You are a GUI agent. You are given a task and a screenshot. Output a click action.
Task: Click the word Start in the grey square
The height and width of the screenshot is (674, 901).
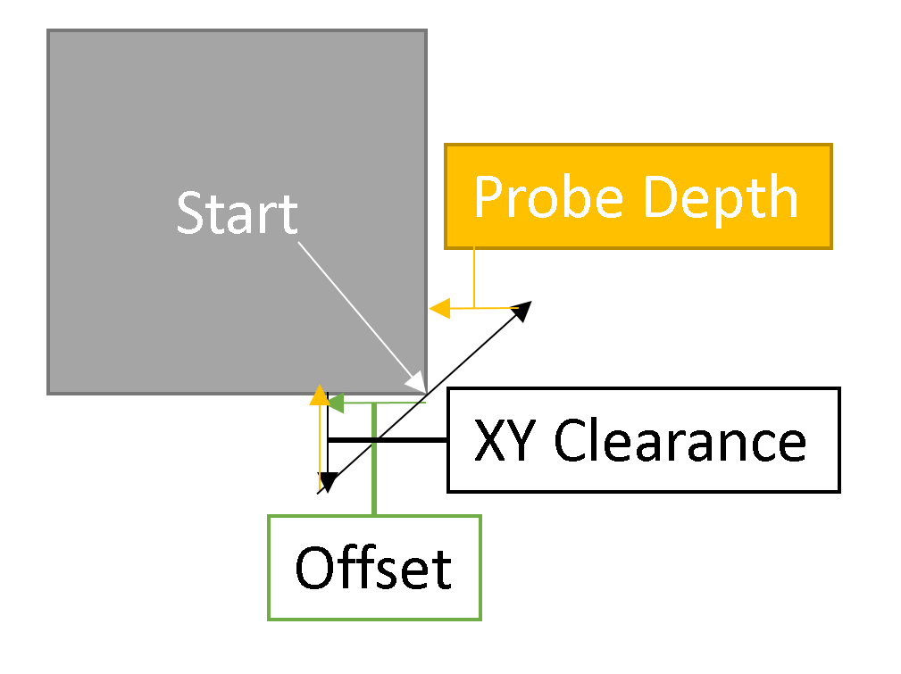coord(237,213)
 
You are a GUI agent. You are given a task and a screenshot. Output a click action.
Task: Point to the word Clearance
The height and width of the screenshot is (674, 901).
coord(680,440)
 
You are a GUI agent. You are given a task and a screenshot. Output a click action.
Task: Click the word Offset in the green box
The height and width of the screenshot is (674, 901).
coord(373,568)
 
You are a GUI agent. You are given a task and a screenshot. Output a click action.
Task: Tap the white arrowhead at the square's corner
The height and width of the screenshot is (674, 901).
coord(416,381)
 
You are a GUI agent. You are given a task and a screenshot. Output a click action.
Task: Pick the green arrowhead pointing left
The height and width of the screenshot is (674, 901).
coord(336,404)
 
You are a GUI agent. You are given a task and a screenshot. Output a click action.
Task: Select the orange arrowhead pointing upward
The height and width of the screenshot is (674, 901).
coord(318,395)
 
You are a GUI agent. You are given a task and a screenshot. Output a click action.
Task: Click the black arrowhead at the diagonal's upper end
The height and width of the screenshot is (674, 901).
coord(521,311)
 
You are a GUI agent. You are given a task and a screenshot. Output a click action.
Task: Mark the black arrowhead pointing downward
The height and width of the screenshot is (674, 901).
coord(328,482)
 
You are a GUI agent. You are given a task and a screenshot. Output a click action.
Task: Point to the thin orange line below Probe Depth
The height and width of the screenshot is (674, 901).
coord(474,277)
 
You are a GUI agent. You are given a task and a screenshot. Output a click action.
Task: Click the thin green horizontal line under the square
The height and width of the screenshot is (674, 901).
coord(393,404)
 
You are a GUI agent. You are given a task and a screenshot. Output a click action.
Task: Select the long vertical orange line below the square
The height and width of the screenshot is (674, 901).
coord(319,446)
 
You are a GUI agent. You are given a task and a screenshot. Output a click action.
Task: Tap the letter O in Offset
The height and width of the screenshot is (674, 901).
coord(313,568)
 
